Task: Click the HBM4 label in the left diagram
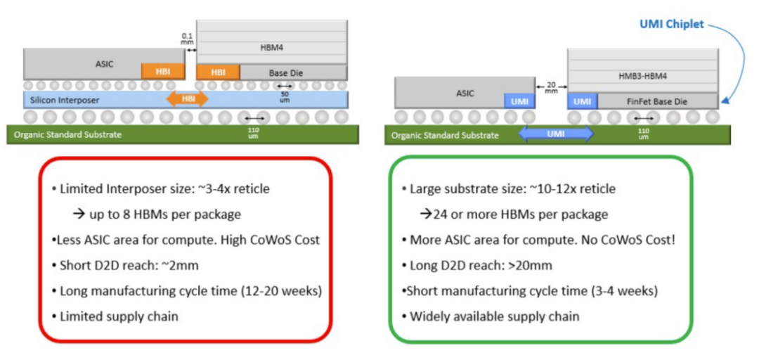(x=271, y=48)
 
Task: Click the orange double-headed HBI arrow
(x=188, y=99)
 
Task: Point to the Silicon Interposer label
(x=62, y=100)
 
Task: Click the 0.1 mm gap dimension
(x=186, y=39)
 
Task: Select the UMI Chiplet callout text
(x=671, y=24)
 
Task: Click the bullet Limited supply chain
(x=119, y=316)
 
